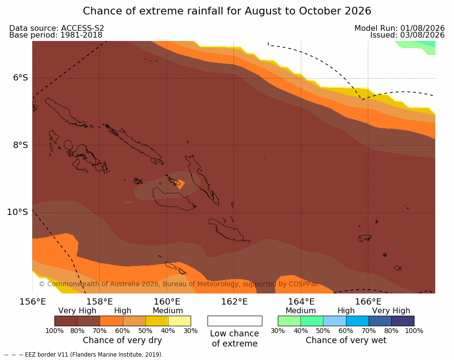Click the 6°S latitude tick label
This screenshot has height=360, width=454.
pyautogui.click(x=20, y=78)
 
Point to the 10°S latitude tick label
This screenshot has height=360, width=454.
pyautogui.click(x=17, y=212)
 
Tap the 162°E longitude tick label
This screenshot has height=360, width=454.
pyautogui.click(x=234, y=302)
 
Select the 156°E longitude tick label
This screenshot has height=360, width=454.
pyautogui.click(x=32, y=302)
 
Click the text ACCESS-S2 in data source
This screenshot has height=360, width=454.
pyautogui.click(x=82, y=28)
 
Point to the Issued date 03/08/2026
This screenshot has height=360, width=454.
pyautogui.click(x=422, y=35)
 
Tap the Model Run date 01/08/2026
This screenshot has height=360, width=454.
pyautogui.click(x=422, y=28)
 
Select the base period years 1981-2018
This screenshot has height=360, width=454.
pyautogui.click(x=81, y=35)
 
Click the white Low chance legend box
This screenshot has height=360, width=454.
pyautogui.click(x=235, y=321)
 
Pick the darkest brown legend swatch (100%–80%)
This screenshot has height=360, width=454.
pyautogui.click(x=66, y=321)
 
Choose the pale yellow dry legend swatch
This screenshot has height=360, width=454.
pyautogui.click(x=180, y=321)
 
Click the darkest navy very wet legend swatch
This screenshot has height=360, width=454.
pyautogui.click(x=403, y=321)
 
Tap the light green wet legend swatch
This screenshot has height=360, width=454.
pyautogui.click(x=289, y=321)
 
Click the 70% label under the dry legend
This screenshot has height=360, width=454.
pyautogui.click(x=100, y=331)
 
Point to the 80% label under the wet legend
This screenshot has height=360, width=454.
pyautogui.click(x=391, y=331)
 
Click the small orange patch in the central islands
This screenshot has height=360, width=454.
pyautogui.click(x=180, y=184)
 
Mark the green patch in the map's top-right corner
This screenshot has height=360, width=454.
pyautogui.click(x=417, y=46)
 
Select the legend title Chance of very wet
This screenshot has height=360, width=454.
pyautogui.click(x=346, y=340)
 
